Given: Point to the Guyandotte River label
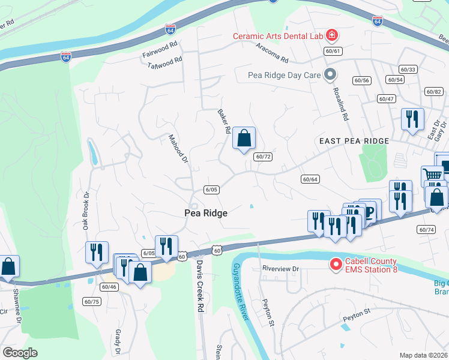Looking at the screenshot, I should tap(241, 290).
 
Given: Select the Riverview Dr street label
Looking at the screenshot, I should tap(280, 269).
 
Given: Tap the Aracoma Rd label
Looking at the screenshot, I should tap(272, 53).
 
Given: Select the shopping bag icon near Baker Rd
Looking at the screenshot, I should tap(244, 139).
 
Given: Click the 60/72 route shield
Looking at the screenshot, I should tap(263, 157).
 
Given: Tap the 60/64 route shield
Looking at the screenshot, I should tap(310, 179).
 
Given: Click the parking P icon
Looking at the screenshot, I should tap(370, 211).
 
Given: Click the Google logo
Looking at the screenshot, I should tap(20, 353).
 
